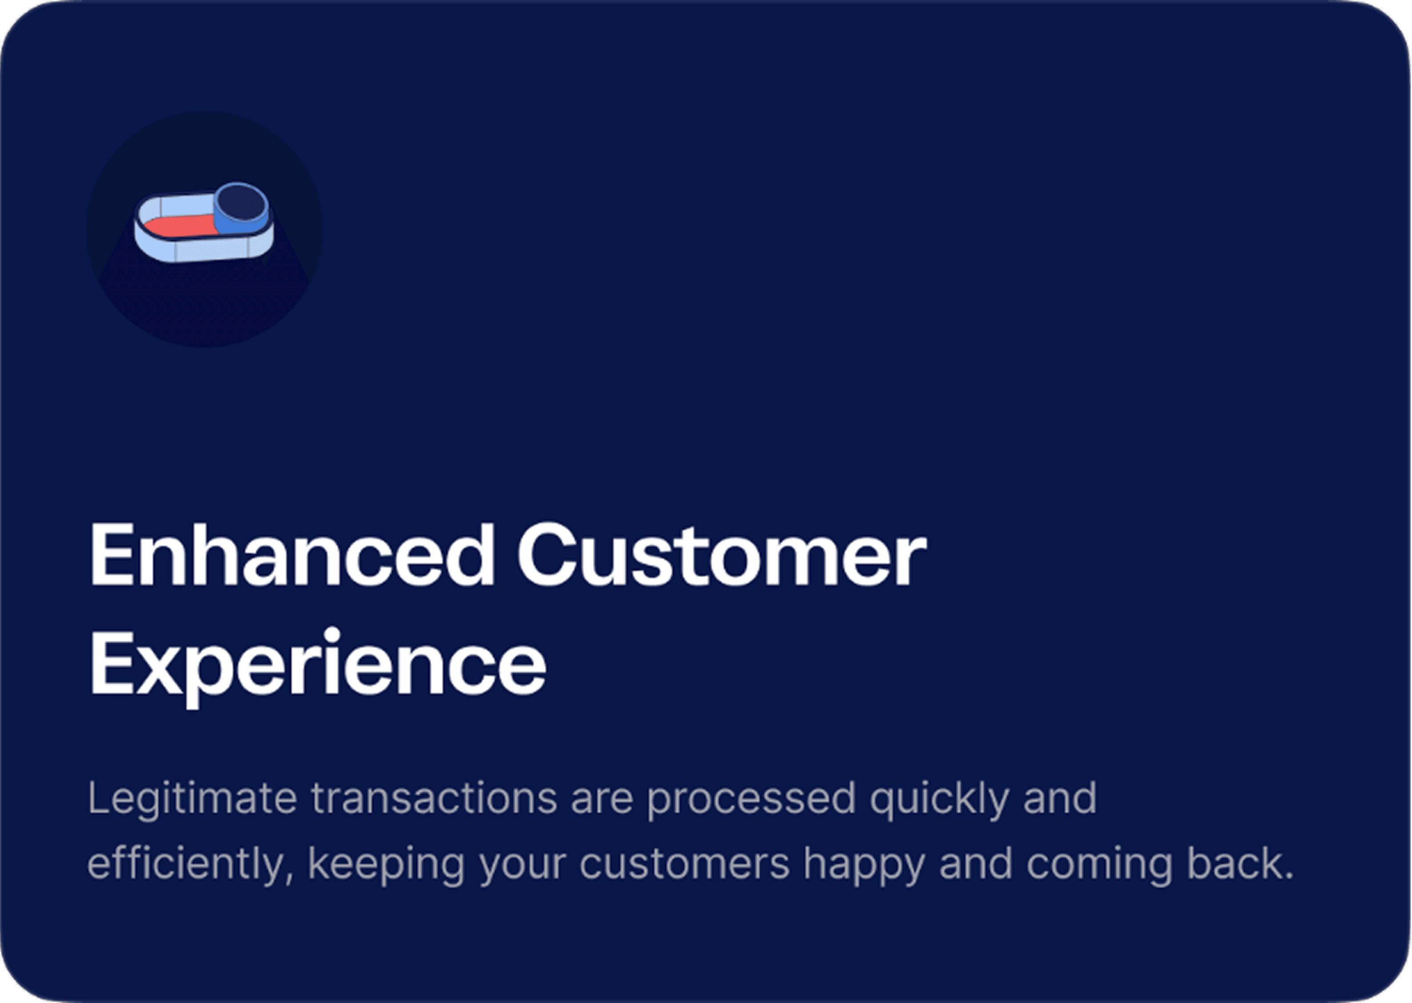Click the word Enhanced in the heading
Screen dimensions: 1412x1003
point(292,554)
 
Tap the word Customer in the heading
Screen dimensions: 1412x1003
point(722,554)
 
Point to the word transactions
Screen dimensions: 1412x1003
point(433,798)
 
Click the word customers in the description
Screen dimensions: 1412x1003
point(684,863)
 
